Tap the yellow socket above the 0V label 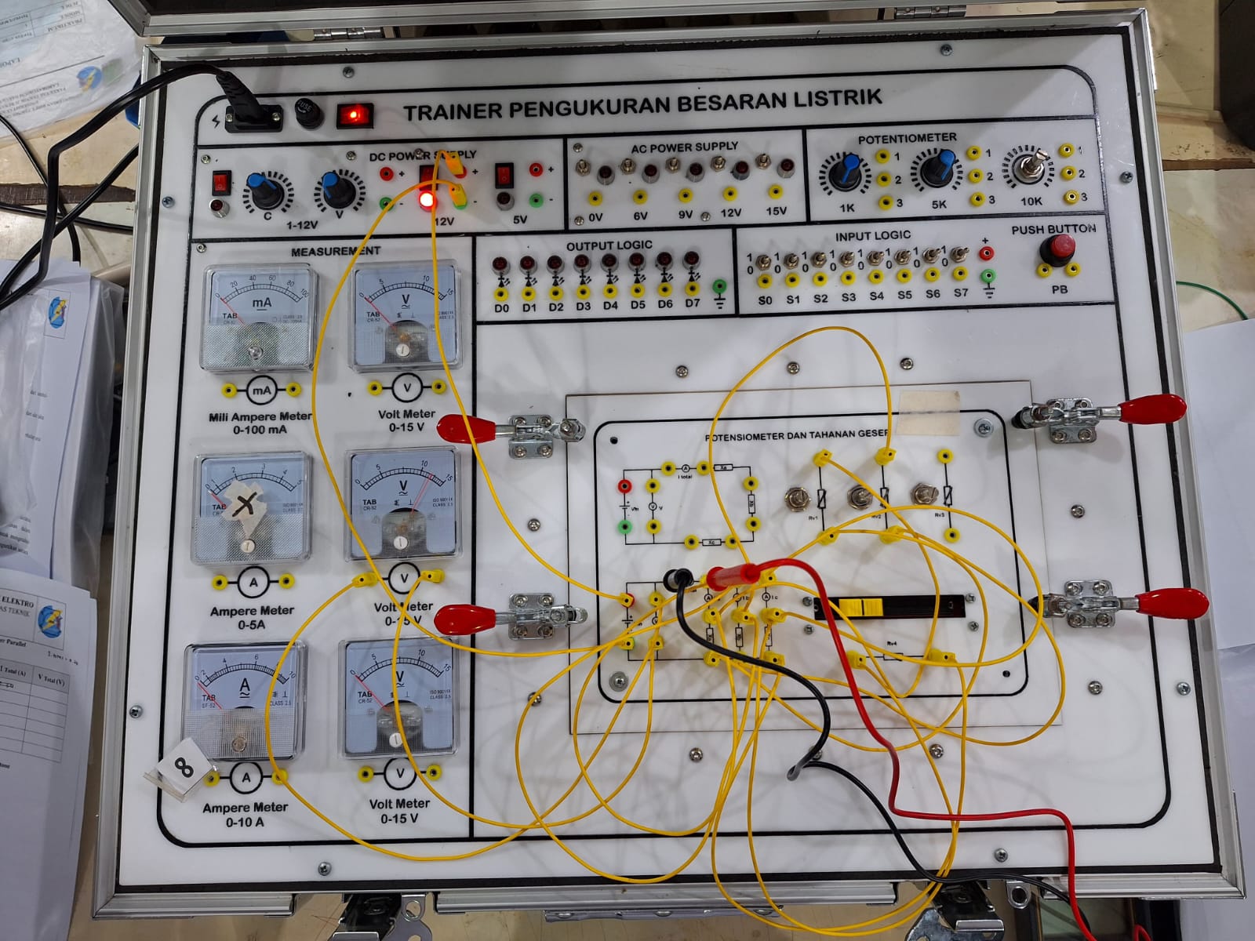point(595,197)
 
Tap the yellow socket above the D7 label point(692,293)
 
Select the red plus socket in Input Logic point(988,253)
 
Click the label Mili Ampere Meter point(260,416)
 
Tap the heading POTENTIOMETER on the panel point(907,138)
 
